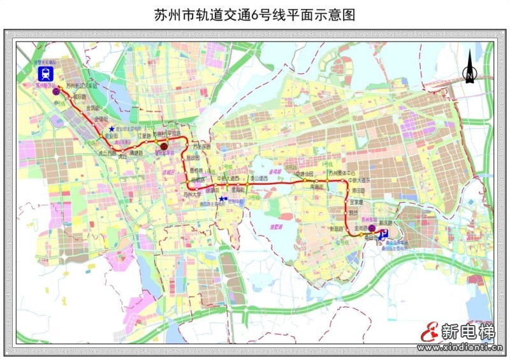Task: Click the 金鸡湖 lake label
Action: tap(275, 172)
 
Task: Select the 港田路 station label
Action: tap(358, 190)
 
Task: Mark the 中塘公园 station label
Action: tap(305, 173)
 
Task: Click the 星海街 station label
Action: tap(239, 189)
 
